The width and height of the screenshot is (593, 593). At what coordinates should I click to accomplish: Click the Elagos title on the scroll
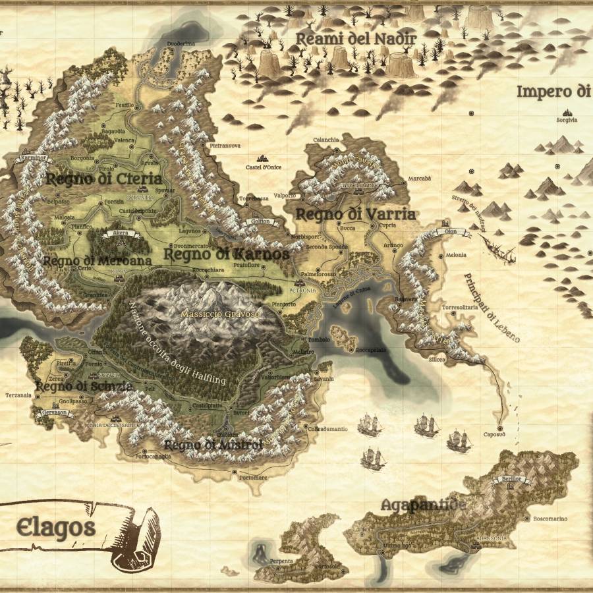(56, 527)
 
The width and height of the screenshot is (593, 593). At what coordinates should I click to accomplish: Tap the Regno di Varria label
(355, 214)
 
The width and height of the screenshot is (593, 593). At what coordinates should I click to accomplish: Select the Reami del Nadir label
(356, 39)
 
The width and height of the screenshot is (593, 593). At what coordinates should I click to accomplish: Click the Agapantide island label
(424, 505)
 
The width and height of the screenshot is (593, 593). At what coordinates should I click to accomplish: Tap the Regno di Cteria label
(103, 179)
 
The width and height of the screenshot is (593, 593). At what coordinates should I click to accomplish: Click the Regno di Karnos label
(226, 254)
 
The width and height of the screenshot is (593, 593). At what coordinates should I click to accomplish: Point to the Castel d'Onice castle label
(264, 167)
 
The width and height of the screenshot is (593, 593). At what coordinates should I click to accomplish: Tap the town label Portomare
(254, 477)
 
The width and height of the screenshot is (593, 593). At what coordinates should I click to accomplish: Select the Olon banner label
(451, 233)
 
